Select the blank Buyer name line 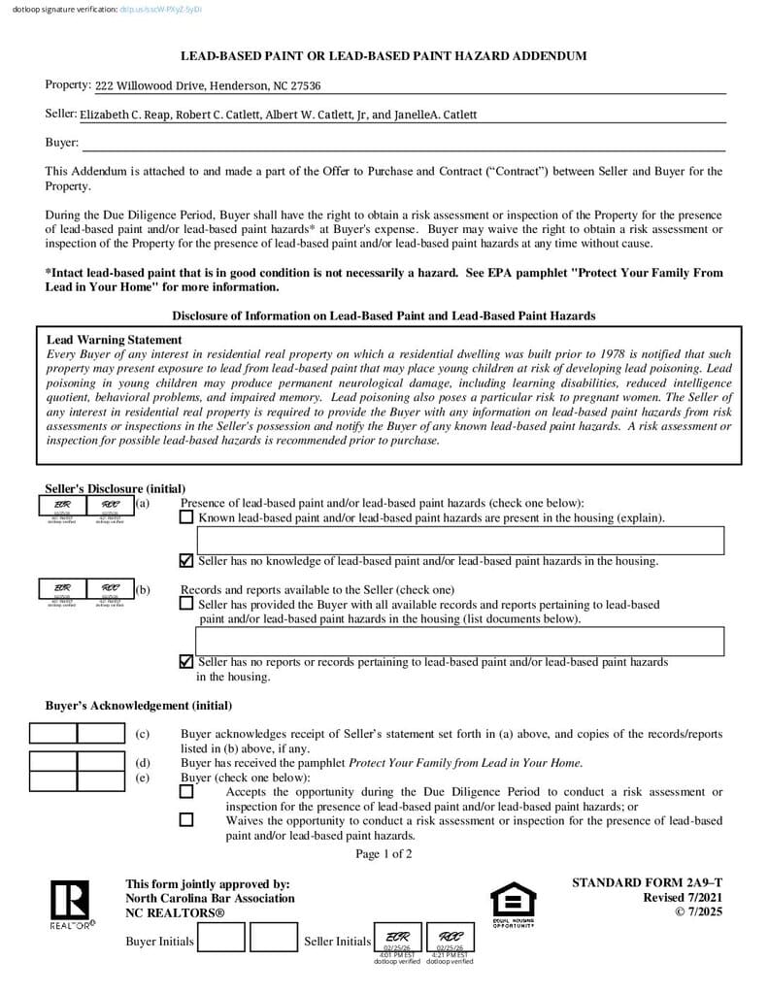(403, 144)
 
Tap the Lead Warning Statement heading (115, 340)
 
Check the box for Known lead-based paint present (186, 517)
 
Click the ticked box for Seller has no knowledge (186, 560)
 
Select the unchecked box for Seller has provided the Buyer (186, 603)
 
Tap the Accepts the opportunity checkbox (186, 791)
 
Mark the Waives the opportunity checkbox (186, 819)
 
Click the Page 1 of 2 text (384, 854)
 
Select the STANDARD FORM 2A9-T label (647, 882)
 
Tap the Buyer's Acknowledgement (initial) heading (139, 706)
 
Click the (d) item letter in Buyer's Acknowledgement (143, 763)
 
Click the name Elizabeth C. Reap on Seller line (125, 115)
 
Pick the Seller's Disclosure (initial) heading (115, 488)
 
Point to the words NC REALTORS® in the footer (175, 913)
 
